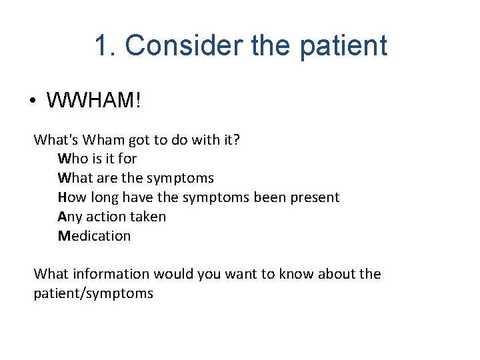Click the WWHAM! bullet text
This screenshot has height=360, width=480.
pos(94,101)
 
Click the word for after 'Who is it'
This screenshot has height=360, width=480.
pos(127,159)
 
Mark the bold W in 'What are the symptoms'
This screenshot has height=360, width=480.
pos(63,179)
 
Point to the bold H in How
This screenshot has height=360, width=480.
pos(62,198)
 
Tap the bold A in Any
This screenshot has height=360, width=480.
pos(62,217)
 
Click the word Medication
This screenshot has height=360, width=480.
pos(95,237)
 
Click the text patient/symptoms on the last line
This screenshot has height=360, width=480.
pos(93,294)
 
